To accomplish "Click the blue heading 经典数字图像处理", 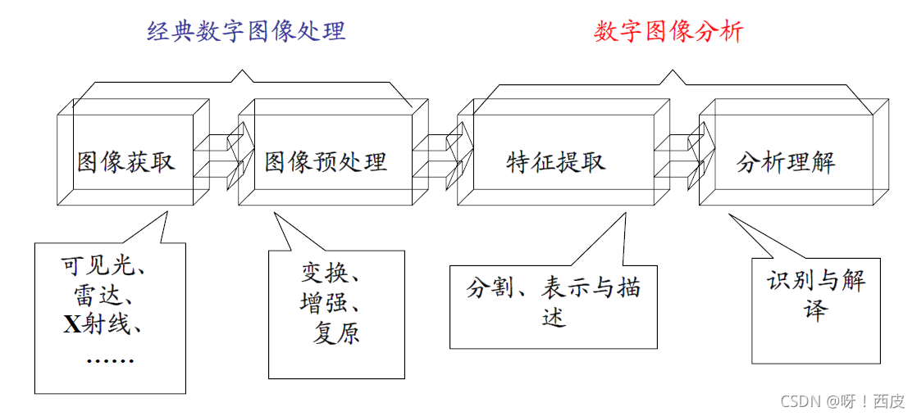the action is click(x=246, y=31).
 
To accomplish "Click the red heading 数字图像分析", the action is click(x=668, y=31).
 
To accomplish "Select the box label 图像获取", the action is click(x=126, y=161).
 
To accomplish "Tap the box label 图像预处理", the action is click(x=326, y=161).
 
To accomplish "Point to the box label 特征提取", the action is click(x=556, y=161).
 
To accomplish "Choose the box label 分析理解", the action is click(x=785, y=161).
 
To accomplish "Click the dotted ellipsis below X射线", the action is click(x=110, y=359).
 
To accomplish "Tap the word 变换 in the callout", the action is click(x=322, y=273).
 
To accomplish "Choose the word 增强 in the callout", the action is click(x=322, y=303).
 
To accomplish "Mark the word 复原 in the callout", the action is click(x=336, y=333).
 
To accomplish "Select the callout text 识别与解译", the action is click(x=816, y=295).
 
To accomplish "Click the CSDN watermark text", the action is click(x=842, y=401).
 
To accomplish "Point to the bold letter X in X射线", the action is click(x=71, y=326).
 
